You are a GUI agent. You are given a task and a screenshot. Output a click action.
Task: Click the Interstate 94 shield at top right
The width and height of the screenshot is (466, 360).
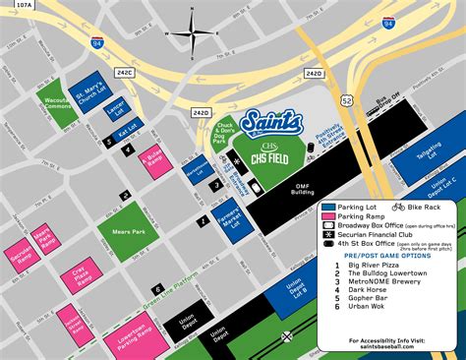tap(389, 21)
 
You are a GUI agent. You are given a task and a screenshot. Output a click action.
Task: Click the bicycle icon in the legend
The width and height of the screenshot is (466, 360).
tap(398, 208)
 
